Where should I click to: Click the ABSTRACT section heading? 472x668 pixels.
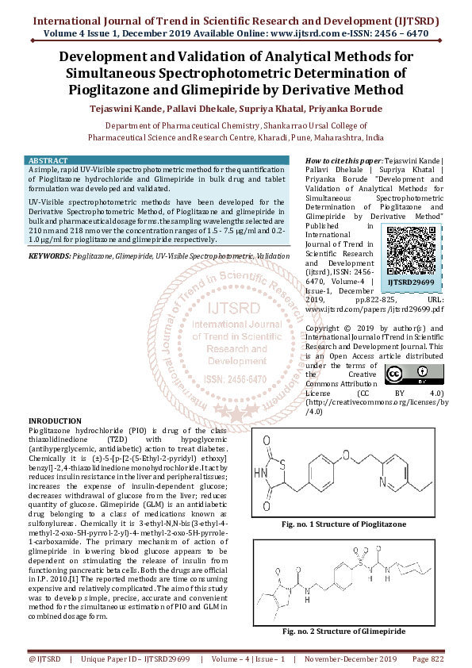click(x=48, y=161)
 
